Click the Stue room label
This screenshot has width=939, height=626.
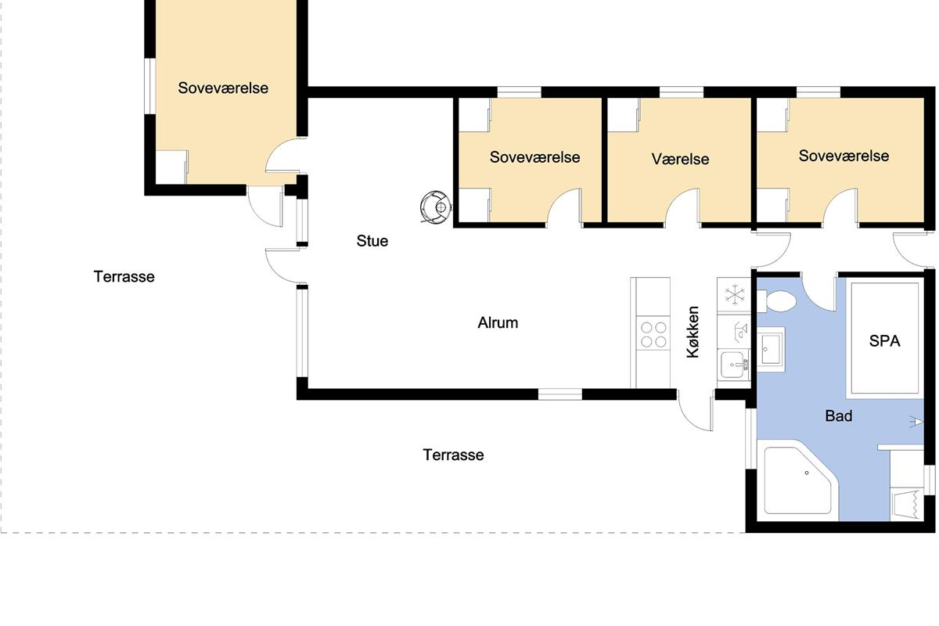pos(372,241)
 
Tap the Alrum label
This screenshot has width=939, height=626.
pos(498,322)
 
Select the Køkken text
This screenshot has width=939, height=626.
pos(693,332)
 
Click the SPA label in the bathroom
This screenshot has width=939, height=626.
pos(884,341)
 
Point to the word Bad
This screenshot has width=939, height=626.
pos(839,416)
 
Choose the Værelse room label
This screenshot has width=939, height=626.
pos(680,159)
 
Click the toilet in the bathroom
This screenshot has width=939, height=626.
pos(777,301)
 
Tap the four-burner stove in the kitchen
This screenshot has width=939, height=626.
pos(653,334)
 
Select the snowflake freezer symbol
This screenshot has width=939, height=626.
pos(735,294)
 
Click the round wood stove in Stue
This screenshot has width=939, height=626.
pos(437,207)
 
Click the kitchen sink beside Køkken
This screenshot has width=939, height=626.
pos(734,365)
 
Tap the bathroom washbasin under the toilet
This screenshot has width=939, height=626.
pos(771,348)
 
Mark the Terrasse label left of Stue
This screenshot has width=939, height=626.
pos(124,277)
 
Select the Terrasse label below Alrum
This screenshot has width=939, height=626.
pos(453,455)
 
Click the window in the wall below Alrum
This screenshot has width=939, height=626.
pos(560,394)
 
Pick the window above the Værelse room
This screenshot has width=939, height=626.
pos(682,92)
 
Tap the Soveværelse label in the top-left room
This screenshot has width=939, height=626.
pos(223,88)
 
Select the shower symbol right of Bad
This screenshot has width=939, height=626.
pos(916,422)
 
